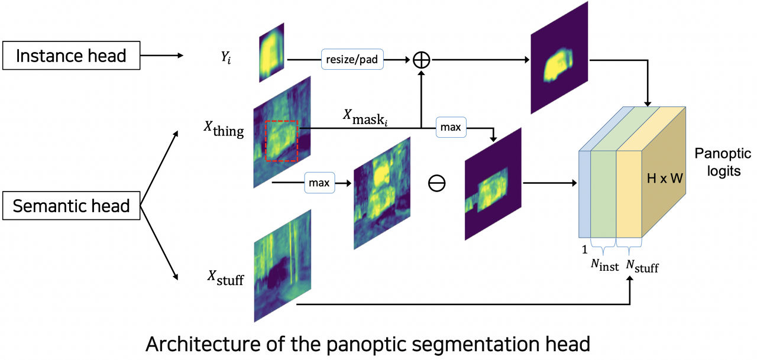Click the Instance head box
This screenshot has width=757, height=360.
pyautogui.click(x=71, y=56)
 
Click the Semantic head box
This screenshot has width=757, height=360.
pyautogui.click(x=71, y=206)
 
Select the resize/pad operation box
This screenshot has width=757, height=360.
pyautogui.click(x=351, y=59)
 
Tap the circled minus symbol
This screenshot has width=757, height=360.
pyautogui.click(x=436, y=183)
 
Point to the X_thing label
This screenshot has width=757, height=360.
pyautogui.click(x=224, y=128)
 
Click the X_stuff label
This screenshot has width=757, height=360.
pyautogui.click(x=225, y=277)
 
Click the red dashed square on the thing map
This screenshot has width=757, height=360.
pyautogui.click(x=281, y=140)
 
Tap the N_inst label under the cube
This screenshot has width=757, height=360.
pyautogui.click(x=603, y=267)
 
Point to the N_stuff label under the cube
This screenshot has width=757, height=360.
pyautogui.click(x=642, y=267)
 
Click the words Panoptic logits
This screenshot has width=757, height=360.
pyautogui.click(x=717, y=163)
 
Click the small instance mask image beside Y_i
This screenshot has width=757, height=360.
pyautogui.click(x=272, y=53)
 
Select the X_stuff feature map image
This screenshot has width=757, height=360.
pyautogui.click(x=282, y=267)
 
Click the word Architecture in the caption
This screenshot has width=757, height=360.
pyautogui.click(x=195, y=344)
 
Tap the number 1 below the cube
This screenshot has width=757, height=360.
pyautogui.click(x=584, y=250)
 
